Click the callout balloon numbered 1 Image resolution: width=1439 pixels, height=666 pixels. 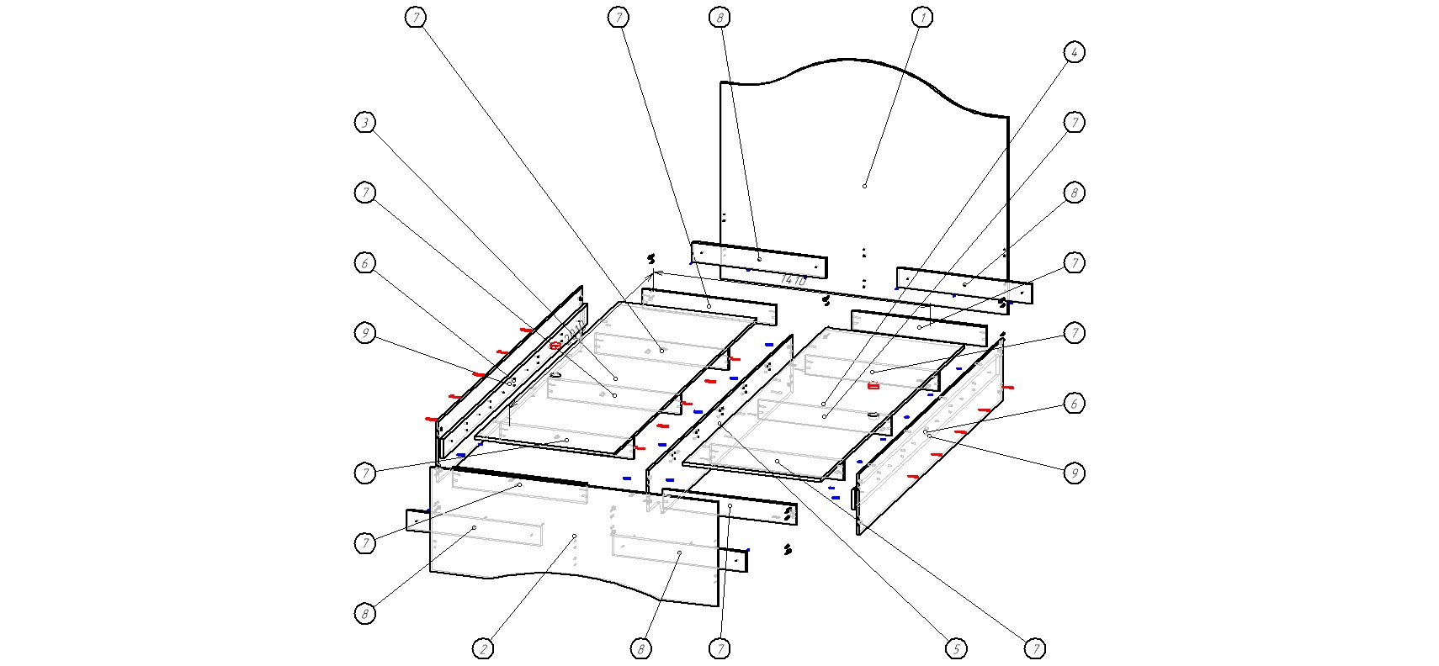click(922, 17)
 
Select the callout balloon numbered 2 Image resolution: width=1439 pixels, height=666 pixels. click(483, 648)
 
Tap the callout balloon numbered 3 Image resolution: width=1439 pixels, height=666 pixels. click(364, 123)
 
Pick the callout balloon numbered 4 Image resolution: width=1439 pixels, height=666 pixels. click(1073, 52)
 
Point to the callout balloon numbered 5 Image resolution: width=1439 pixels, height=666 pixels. click(955, 648)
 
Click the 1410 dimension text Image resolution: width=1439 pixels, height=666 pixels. click(794, 279)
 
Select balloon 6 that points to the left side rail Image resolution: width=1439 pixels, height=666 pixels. click(364, 263)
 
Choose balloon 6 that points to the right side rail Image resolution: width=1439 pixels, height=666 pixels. click(1073, 403)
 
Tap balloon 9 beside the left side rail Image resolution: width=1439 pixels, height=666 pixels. click(364, 333)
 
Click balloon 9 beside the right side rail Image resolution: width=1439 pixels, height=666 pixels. click(1073, 473)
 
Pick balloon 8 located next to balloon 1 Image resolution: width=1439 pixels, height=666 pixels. click(719, 17)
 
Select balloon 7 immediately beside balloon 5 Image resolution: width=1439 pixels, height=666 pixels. click(1036, 648)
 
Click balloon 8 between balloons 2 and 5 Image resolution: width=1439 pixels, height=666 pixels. click(640, 648)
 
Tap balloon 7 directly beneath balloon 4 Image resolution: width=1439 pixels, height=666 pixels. click(1073, 123)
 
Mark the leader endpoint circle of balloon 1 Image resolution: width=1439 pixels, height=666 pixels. click(864, 186)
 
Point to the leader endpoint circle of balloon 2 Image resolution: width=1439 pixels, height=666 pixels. click(575, 536)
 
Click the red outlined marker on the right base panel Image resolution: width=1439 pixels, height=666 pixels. click(873, 386)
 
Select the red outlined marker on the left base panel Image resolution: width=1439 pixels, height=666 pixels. click(555, 346)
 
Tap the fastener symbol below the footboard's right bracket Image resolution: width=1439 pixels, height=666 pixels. click(788, 549)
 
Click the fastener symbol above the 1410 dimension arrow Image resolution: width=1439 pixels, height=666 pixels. click(650, 258)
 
